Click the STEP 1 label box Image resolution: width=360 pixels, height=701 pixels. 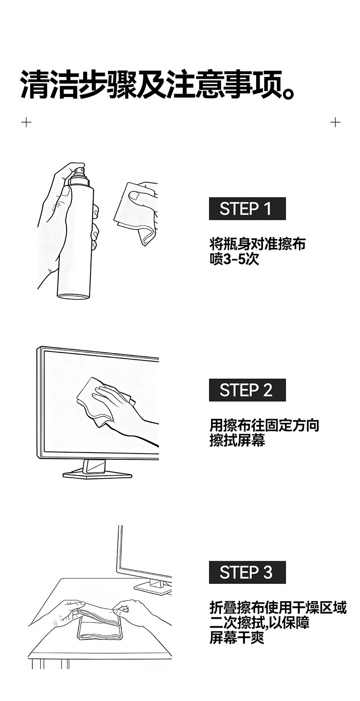247,208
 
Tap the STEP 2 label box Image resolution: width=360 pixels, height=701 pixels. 247,390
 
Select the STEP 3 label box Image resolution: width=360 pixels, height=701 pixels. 247,572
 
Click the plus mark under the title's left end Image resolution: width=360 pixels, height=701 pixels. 26,122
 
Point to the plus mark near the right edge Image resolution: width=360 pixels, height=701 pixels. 335,122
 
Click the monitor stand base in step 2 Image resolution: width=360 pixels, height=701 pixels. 97,475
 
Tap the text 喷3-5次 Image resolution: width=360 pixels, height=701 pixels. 234,259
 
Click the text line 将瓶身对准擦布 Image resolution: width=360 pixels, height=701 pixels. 257,244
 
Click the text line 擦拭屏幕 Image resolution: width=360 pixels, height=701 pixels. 237,440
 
